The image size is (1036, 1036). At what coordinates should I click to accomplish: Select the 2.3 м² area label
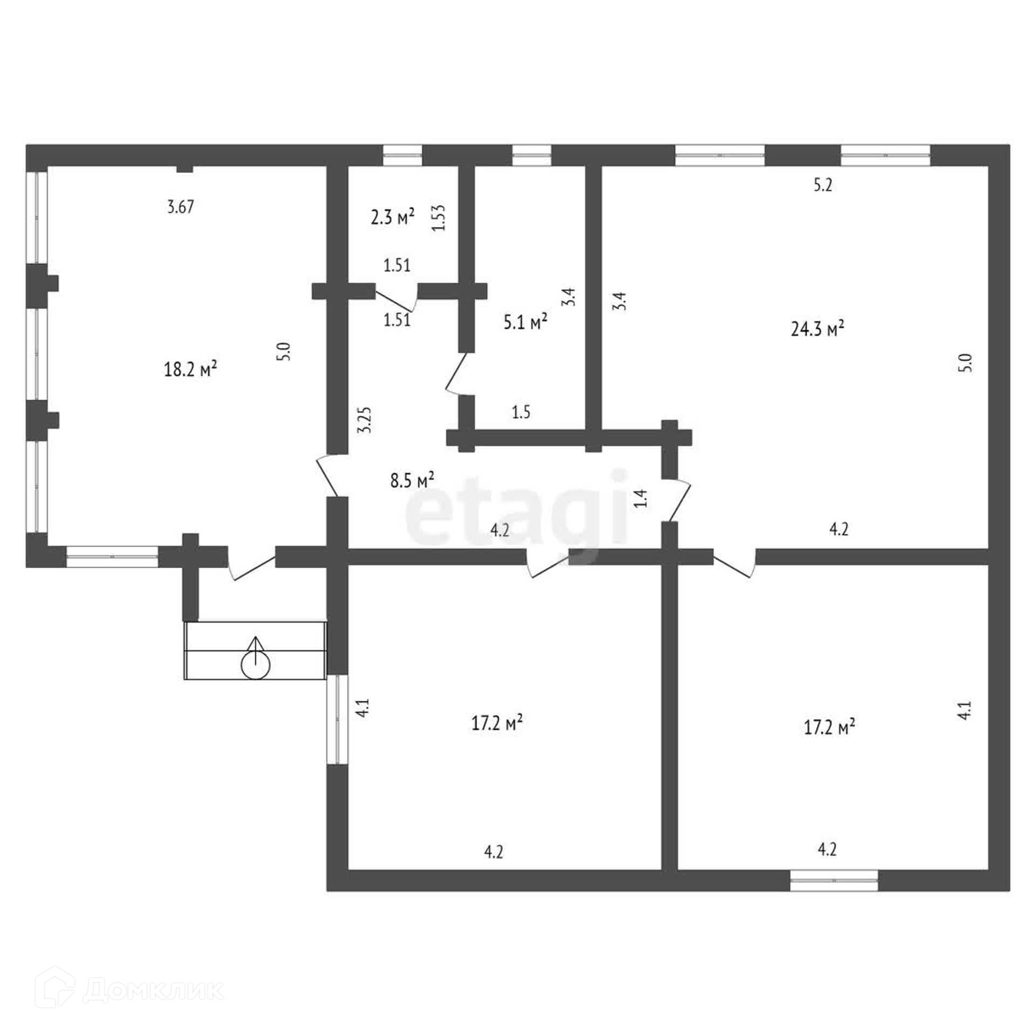[x=392, y=217]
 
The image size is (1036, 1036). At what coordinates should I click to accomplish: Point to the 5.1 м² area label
[x=525, y=322]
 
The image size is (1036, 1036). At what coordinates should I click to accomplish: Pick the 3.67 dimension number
[x=180, y=207]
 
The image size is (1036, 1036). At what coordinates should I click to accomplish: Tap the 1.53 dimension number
[x=439, y=217]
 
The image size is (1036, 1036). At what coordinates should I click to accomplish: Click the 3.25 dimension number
[x=365, y=419]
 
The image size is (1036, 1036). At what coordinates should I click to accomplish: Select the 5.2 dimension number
[x=823, y=185]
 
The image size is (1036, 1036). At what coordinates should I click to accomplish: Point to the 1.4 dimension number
[x=640, y=498]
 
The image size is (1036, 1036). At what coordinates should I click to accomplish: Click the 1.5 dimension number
[x=521, y=412]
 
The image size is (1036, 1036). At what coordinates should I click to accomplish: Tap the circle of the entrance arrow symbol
[x=255, y=667]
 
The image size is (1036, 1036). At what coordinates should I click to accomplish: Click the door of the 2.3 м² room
[x=397, y=300]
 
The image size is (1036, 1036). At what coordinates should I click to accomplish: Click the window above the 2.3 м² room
[x=402, y=155]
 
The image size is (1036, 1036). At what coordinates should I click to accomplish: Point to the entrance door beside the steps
[x=251, y=567]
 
